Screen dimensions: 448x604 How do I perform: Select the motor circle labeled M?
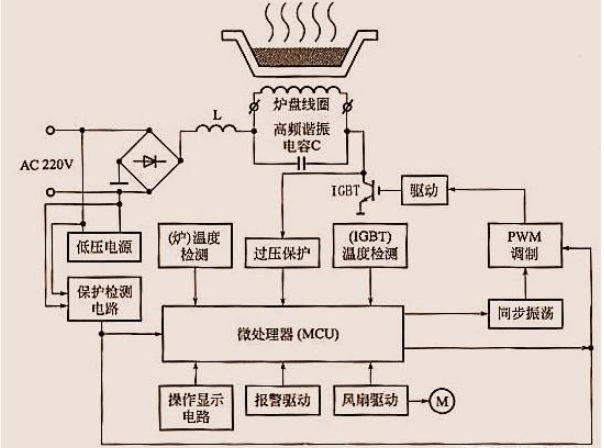440,403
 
